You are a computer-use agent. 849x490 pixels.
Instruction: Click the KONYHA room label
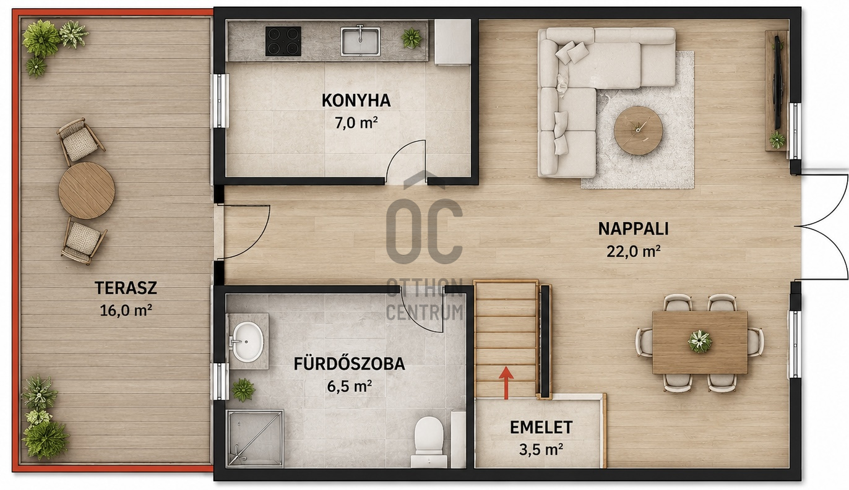point(356,100)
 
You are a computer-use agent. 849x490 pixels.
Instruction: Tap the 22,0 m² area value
point(633,251)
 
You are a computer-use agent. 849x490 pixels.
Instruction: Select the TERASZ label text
point(126,288)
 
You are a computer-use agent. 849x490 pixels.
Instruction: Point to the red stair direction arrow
point(506,383)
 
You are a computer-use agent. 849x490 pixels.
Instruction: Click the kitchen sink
point(360,41)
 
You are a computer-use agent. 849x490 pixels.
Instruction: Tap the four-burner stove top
point(283,41)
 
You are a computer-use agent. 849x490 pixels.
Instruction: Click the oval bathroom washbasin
point(247,342)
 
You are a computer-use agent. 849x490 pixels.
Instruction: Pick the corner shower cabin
point(255,438)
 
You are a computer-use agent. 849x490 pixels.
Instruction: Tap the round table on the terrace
point(87,190)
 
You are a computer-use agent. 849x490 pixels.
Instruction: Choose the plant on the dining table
point(700,341)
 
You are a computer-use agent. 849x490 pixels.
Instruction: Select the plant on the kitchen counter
point(412,38)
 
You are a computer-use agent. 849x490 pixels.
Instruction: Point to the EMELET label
point(541,428)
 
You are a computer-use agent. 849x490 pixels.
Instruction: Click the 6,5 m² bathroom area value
point(349,387)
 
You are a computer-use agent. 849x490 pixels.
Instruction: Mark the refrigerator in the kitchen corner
point(452,42)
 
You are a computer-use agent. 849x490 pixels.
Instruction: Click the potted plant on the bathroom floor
point(243,390)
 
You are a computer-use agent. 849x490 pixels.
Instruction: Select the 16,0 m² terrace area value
point(126,311)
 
